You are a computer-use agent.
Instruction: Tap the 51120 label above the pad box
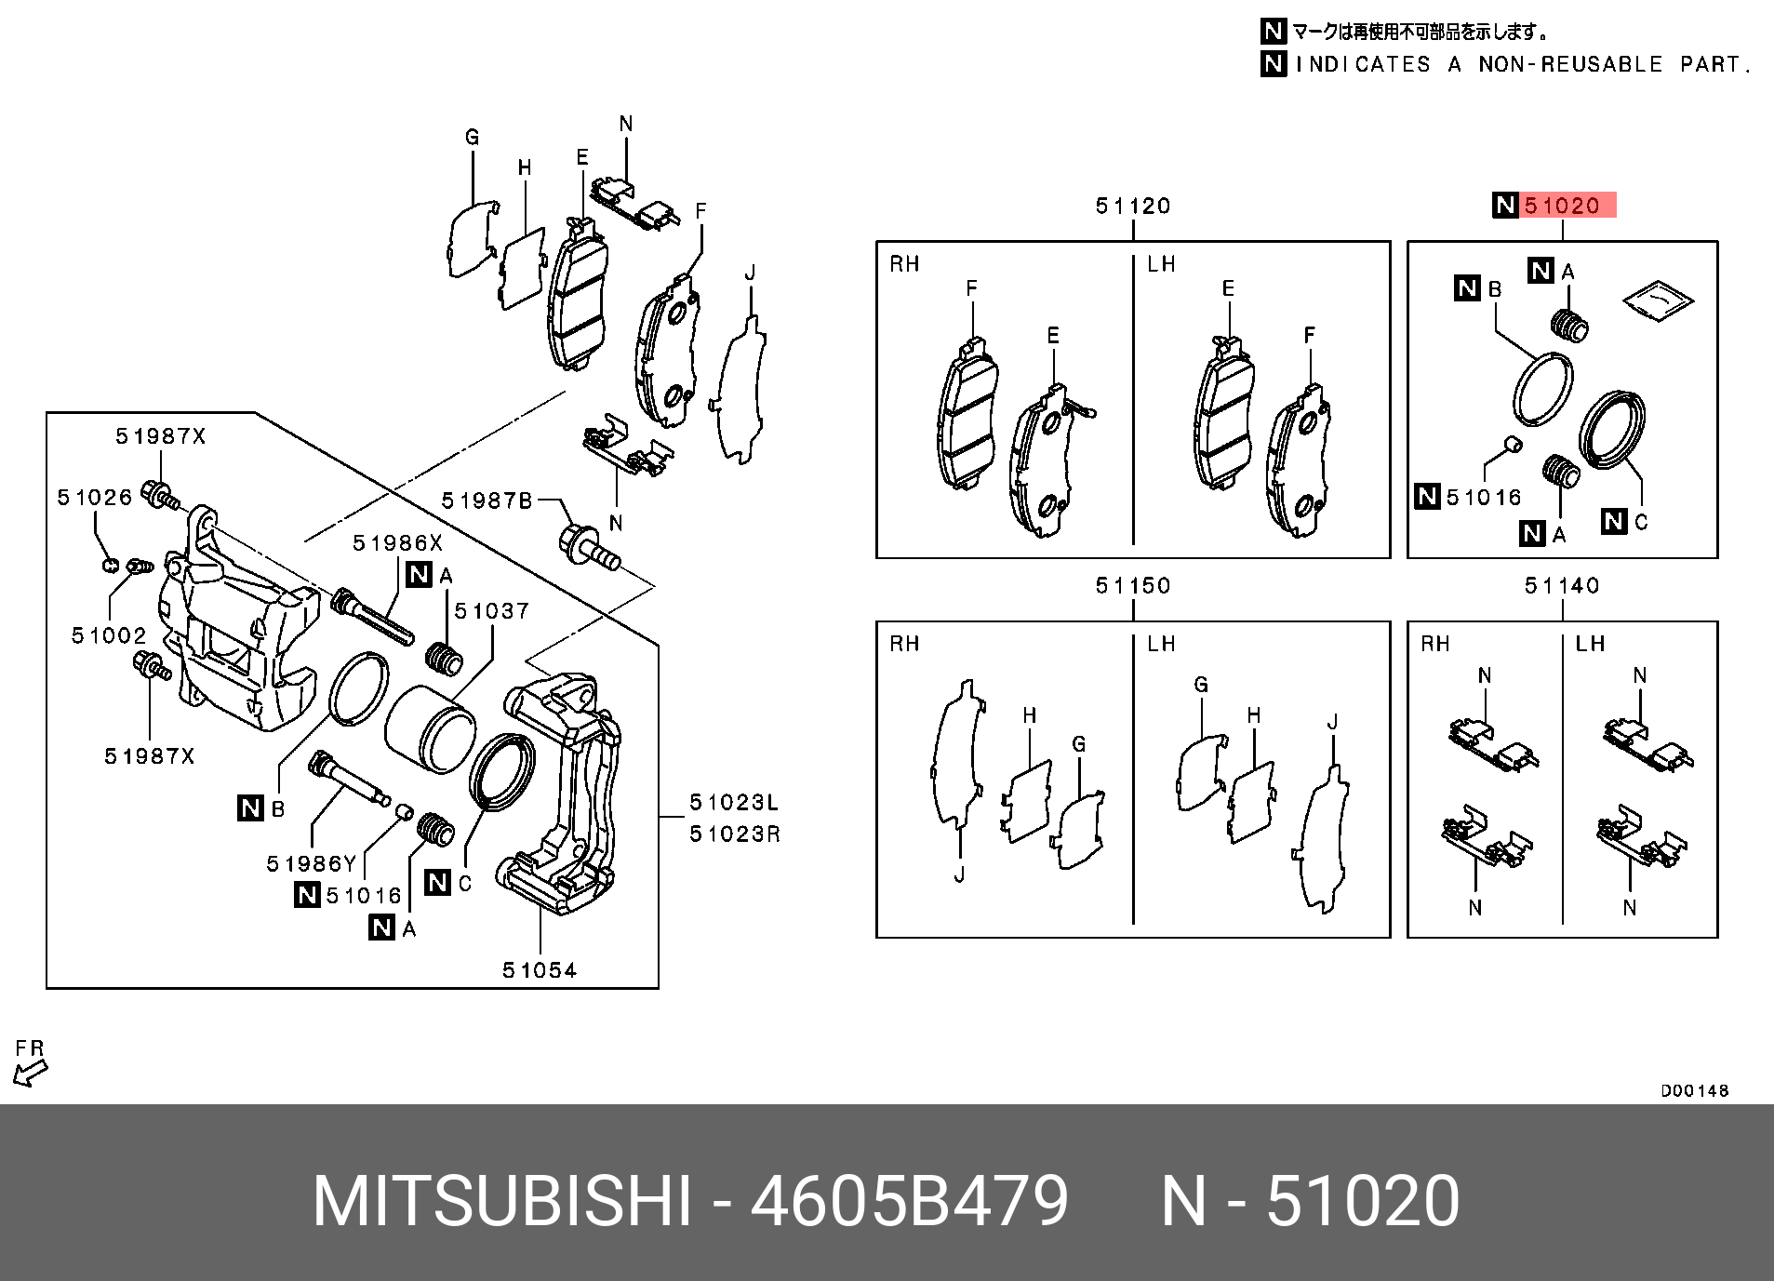(x=1132, y=206)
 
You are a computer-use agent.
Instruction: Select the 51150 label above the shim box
(x=1132, y=585)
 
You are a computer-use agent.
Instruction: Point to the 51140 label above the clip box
(x=1562, y=585)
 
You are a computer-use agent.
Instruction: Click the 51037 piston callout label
(x=490, y=611)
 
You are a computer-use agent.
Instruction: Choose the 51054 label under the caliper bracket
(x=540, y=970)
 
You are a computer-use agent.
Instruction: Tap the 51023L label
(x=734, y=803)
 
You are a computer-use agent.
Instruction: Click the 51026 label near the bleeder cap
(x=95, y=498)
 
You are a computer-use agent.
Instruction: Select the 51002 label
(x=109, y=635)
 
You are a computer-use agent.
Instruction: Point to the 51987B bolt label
(x=486, y=501)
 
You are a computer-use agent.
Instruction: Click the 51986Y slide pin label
(x=311, y=864)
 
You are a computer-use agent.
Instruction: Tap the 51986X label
(x=397, y=543)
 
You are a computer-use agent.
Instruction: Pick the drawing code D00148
(x=1694, y=1090)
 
